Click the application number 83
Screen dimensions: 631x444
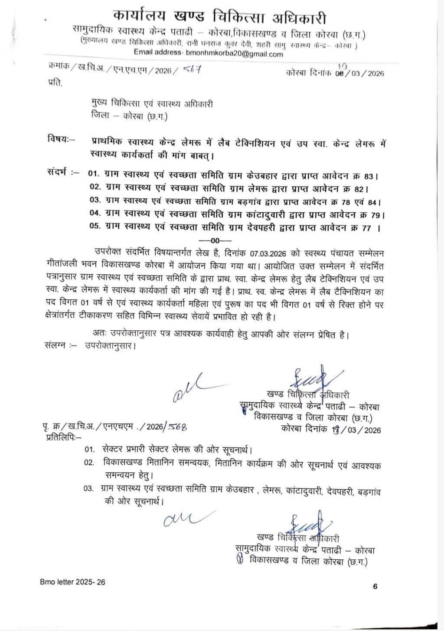point(369,176)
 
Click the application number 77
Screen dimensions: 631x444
point(366,227)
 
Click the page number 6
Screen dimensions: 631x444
point(375,586)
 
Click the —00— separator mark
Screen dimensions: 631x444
point(215,240)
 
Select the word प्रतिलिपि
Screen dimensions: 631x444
point(63,437)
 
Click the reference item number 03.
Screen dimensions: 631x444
point(95,201)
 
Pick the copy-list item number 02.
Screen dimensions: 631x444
point(89,463)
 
